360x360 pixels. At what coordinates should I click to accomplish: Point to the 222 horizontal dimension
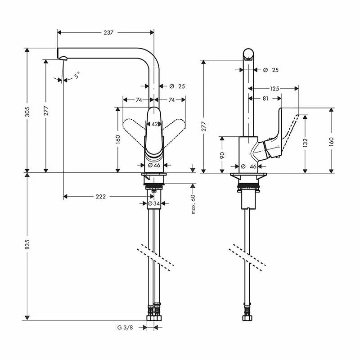pos(101,197)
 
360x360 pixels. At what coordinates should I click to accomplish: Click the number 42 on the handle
pos(154,124)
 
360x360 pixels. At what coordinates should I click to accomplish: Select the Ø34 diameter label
pos(154,204)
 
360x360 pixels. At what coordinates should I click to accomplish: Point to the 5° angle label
pos(77,75)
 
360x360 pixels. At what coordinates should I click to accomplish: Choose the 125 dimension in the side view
pos(274,88)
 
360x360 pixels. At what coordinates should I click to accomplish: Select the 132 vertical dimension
pos(306,143)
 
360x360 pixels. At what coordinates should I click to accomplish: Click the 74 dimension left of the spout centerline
pos(139,99)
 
